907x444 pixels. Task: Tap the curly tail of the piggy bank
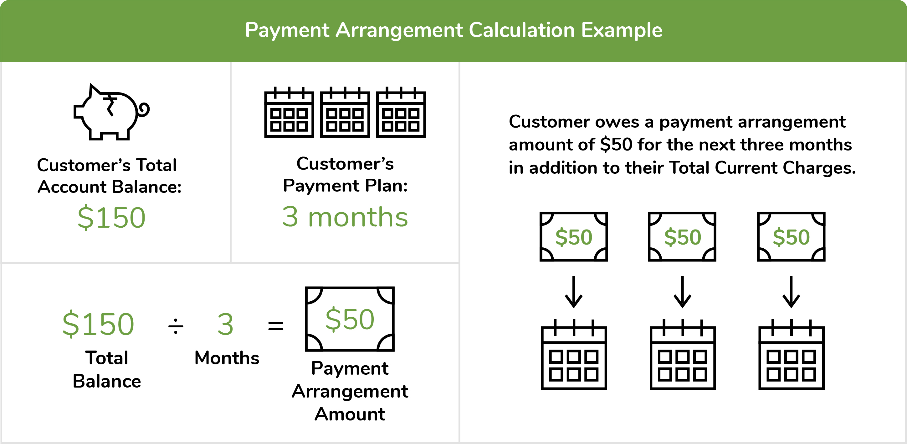[144, 109]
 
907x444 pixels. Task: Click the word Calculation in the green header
[522, 30]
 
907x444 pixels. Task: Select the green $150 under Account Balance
[112, 218]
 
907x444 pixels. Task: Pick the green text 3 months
[345, 217]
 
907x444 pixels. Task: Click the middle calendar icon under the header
[345, 112]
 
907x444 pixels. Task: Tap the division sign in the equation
[176, 325]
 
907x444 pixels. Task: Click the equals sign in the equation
[276, 325]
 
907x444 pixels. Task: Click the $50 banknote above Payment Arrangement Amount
[350, 319]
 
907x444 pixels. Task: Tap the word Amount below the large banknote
[350, 414]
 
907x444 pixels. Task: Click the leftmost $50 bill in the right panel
[574, 237]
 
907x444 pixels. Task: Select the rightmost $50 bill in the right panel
[791, 237]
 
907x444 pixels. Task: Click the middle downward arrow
[682, 292]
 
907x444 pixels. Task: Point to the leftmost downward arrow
[574, 292]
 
